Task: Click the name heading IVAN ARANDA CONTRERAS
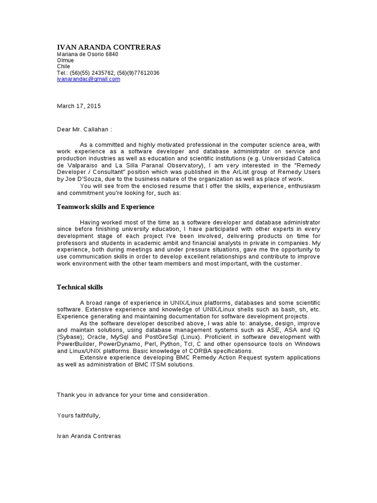pyautogui.click(x=108, y=47)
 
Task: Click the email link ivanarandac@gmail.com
pyautogui.click(x=88, y=79)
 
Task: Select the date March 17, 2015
pyautogui.click(x=79, y=106)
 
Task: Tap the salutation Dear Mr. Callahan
pyautogui.click(x=84, y=130)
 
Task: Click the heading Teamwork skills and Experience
pyautogui.click(x=106, y=207)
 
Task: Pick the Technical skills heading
pyautogui.click(x=80, y=287)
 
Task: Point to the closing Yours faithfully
pyautogui.click(x=79, y=416)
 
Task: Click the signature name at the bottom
pyautogui.click(x=89, y=436)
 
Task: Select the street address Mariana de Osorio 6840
pyautogui.click(x=87, y=54)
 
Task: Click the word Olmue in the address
pyautogui.click(x=65, y=60)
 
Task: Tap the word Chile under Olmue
pyautogui.click(x=64, y=66)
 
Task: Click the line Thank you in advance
pyautogui.click(x=133, y=395)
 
